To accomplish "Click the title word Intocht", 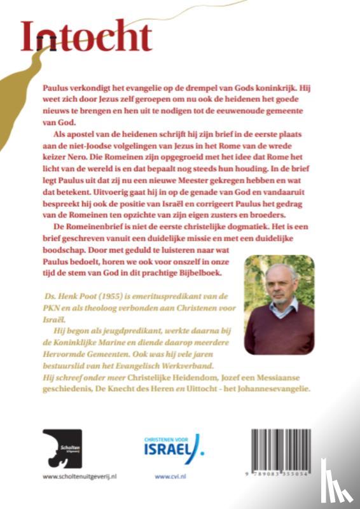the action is coord(86,38).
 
